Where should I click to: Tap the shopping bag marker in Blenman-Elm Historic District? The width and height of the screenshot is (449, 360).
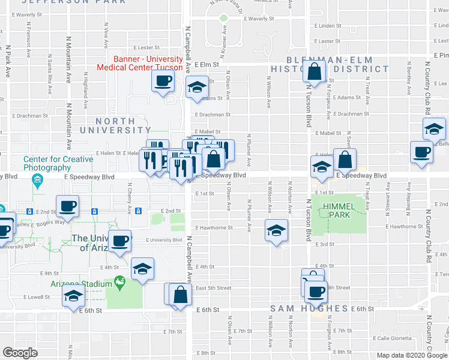315,73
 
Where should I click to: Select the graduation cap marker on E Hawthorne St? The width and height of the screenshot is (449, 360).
276,230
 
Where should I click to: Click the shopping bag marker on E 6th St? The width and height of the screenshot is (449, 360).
180,295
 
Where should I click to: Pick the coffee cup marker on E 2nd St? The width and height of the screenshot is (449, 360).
67,206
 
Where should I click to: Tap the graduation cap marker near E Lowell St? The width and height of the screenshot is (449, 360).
74,296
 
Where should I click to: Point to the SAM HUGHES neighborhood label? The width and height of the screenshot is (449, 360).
309,308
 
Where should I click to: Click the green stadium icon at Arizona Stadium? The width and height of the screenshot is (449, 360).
119,281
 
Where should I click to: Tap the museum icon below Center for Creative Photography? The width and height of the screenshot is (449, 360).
37,180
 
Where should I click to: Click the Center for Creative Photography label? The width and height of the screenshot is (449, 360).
58,163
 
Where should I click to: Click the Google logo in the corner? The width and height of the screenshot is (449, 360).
20,353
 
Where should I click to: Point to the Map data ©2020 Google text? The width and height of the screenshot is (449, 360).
411,355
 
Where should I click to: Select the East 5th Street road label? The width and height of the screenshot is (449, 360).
214,288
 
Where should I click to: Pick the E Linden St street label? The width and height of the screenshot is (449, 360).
328,26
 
